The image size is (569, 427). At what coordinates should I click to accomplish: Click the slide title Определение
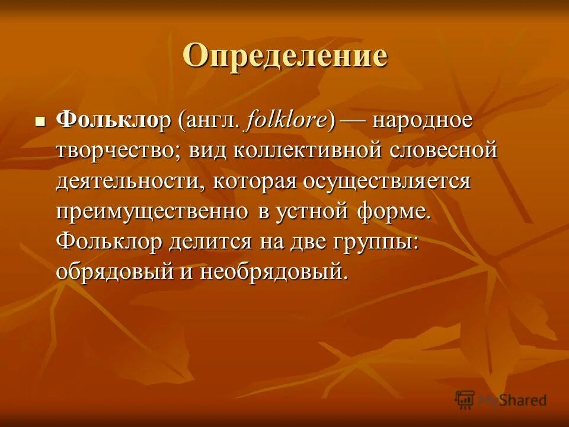pos(284,57)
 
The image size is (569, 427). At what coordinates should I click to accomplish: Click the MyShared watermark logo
pos(501,400)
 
